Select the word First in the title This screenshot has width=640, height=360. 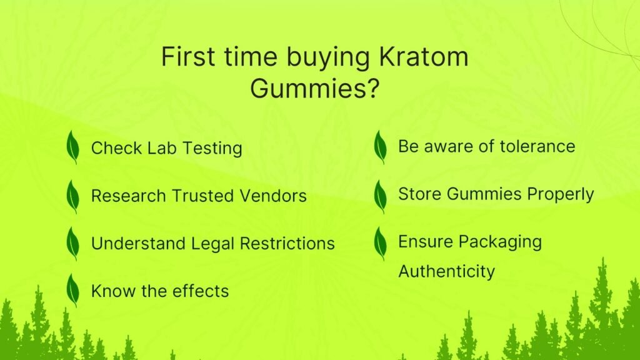(x=186, y=57)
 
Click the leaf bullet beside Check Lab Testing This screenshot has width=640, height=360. (x=73, y=147)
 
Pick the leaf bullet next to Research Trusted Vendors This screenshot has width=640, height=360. (x=73, y=196)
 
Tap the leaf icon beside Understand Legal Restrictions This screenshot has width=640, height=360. (x=73, y=243)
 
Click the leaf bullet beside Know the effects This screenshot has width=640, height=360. (x=73, y=290)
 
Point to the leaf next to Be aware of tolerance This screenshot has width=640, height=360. (x=380, y=147)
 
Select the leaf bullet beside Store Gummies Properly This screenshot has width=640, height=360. (x=380, y=195)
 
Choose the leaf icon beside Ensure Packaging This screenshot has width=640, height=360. (x=380, y=243)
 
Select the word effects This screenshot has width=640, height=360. (x=200, y=291)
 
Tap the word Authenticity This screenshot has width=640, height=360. (x=446, y=272)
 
